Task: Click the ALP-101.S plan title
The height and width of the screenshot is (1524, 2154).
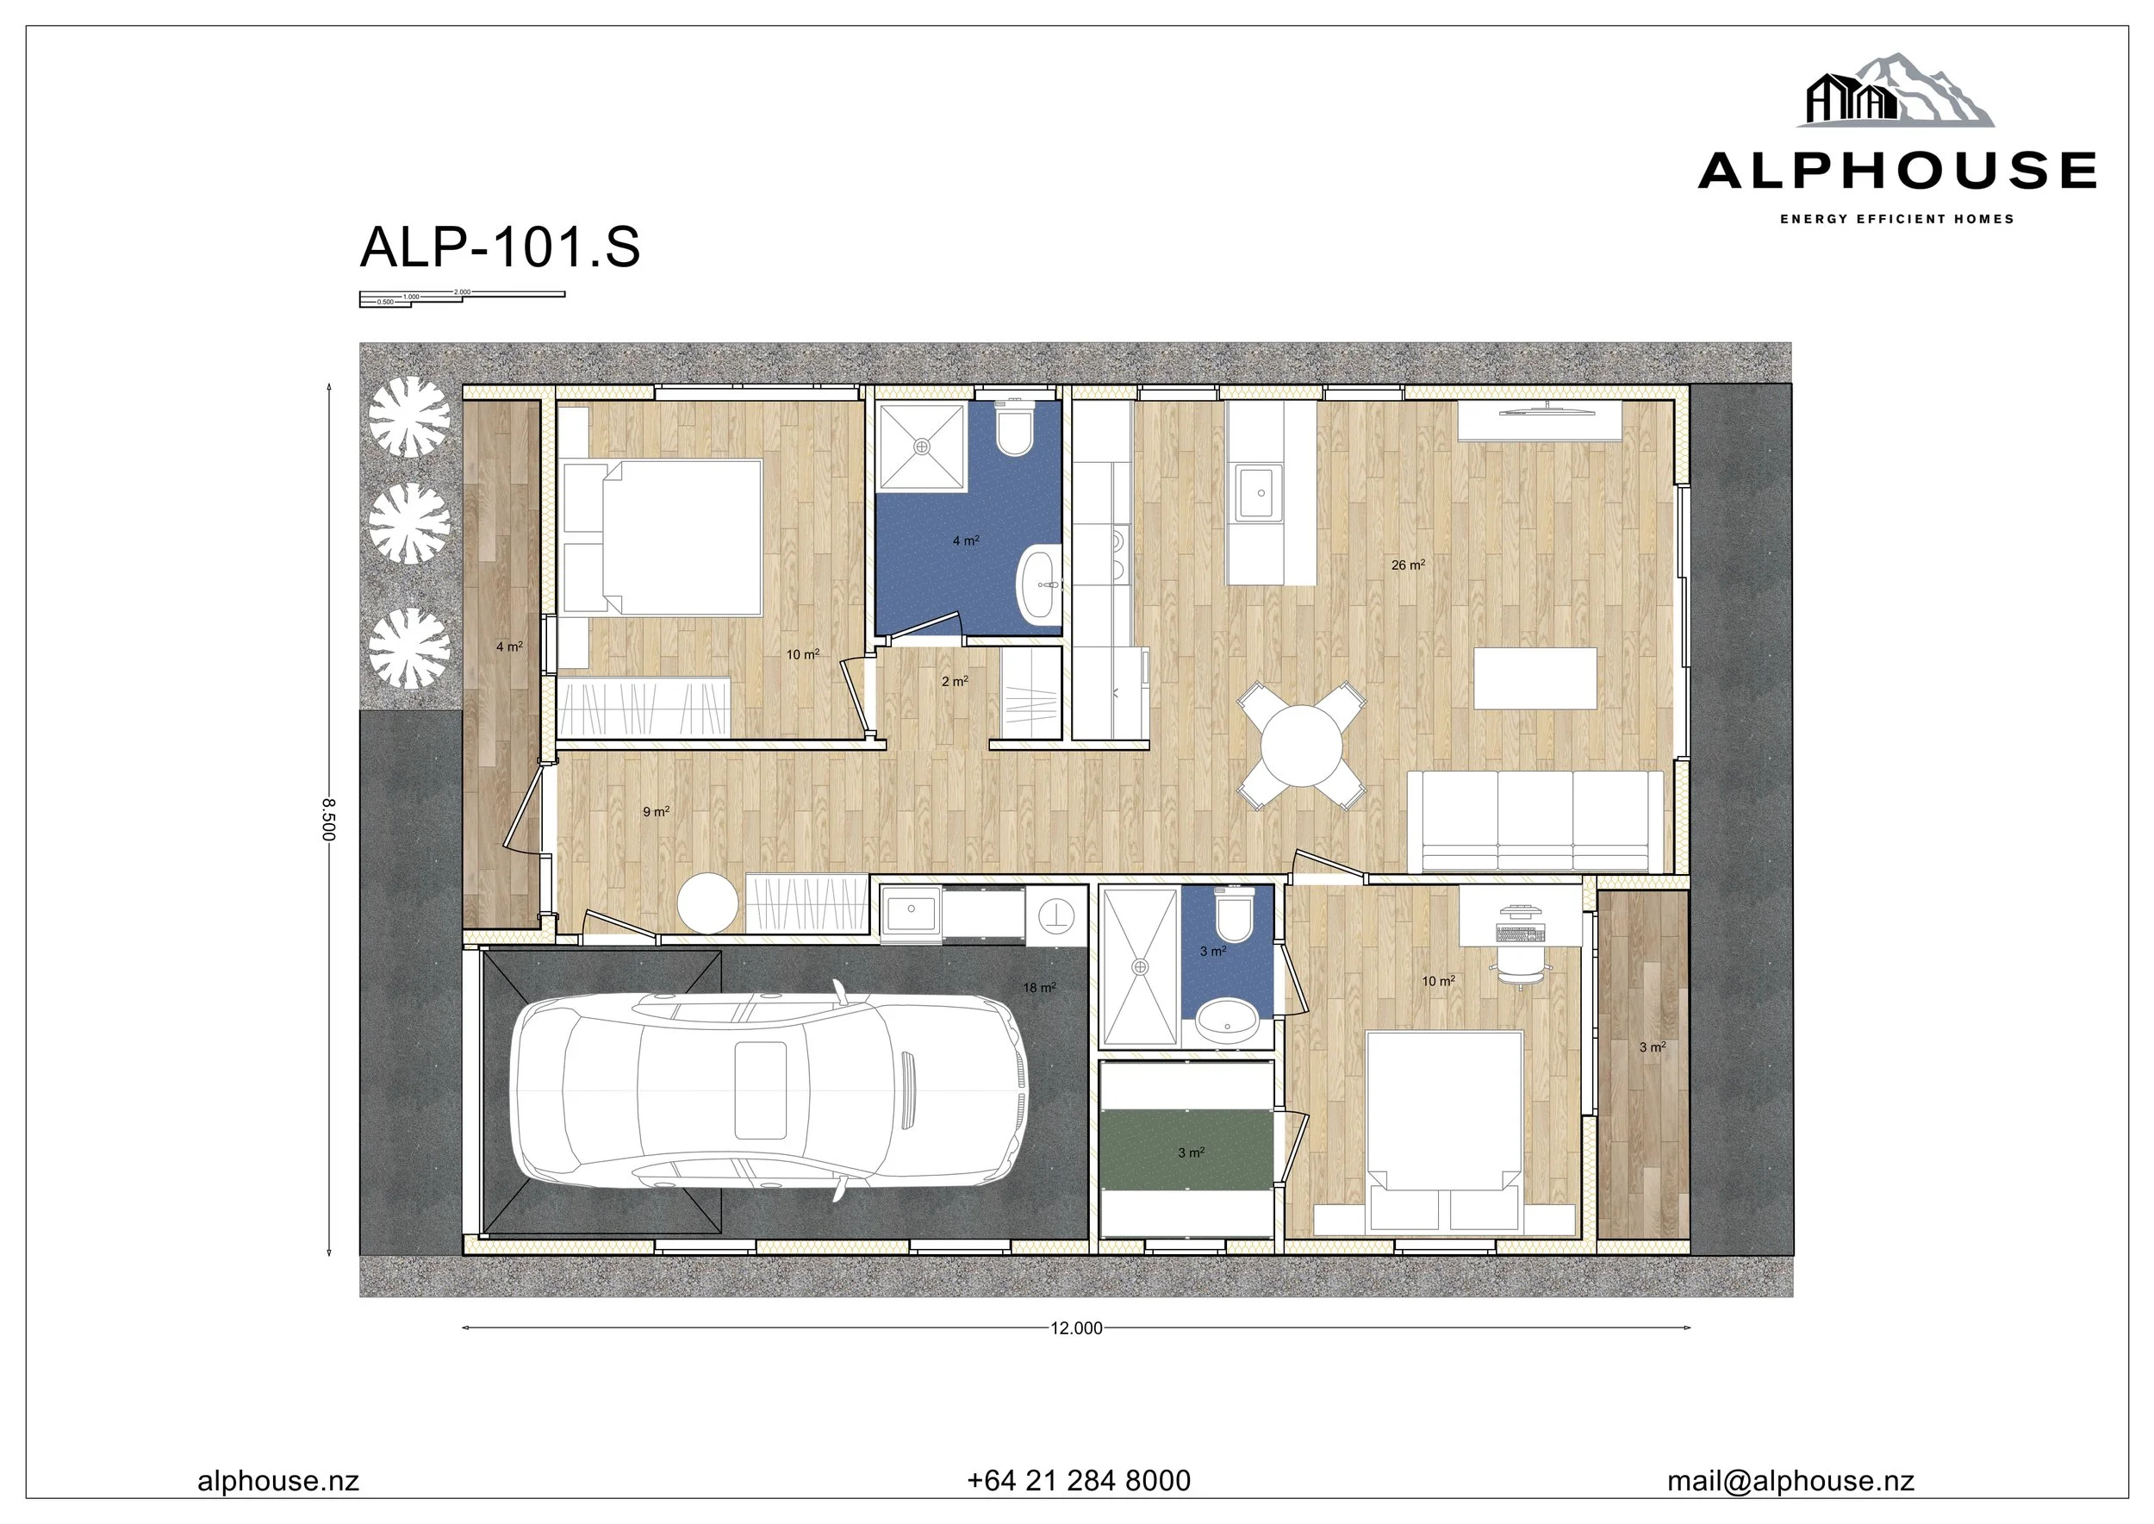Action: pyautogui.click(x=499, y=247)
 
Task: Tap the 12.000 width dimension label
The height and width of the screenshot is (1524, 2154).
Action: pyautogui.click(x=1076, y=1327)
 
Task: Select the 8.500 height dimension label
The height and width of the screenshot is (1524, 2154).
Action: pyautogui.click(x=327, y=819)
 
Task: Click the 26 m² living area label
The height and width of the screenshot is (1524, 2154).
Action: pyautogui.click(x=1407, y=565)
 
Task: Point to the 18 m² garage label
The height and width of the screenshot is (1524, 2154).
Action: pyautogui.click(x=1038, y=987)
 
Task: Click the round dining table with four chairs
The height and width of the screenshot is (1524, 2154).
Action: pyautogui.click(x=1300, y=746)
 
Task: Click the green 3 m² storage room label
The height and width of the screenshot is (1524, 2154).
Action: pyautogui.click(x=1191, y=1152)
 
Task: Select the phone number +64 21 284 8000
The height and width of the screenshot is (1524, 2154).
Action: pyautogui.click(x=1078, y=1480)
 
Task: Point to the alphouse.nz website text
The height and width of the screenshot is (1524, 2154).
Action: pyautogui.click(x=277, y=1480)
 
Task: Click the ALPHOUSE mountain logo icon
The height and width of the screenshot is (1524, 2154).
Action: pyautogui.click(x=1895, y=91)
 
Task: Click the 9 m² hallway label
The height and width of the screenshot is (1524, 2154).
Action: pyautogui.click(x=656, y=812)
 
